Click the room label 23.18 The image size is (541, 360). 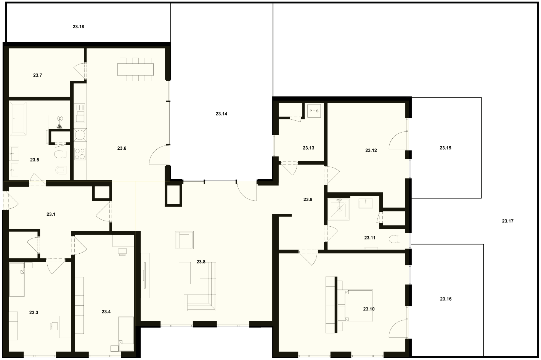pyautogui.click(x=78, y=27)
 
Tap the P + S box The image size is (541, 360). pyautogui.click(x=314, y=111)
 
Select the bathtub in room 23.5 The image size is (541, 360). pyautogui.click(x=18, y=119)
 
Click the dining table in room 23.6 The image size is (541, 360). pyautogui.click(x=135, y=69)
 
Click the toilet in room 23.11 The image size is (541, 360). pyautogui.click(x=395, y=239)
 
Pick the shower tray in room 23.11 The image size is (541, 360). pyautogui.click(x=339, y=209)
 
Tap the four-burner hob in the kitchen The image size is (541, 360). pyautogui.click(x=80, y=154)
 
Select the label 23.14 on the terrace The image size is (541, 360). pyautogui.click(x=221, y=114)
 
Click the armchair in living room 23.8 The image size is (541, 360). pyautogui.click(x=184, y=240)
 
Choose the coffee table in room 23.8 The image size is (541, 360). pyautogui.click(x=185, y=273)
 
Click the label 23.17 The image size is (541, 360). pyautogui.click(x=508, y=221)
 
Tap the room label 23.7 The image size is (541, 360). pyautogui.click(x=37, y=75)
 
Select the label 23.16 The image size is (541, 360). pyautogui.click(x=446, y=299)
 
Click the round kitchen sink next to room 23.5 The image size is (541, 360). pyautogui.click(x=80, y=134)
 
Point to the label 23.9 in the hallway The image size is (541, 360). pyautogui.click(x=308, y=199)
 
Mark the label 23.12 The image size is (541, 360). pyautogui.click(x=371, y=150)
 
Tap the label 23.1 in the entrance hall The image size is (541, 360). pyautogui.click(x=51, y=214)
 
